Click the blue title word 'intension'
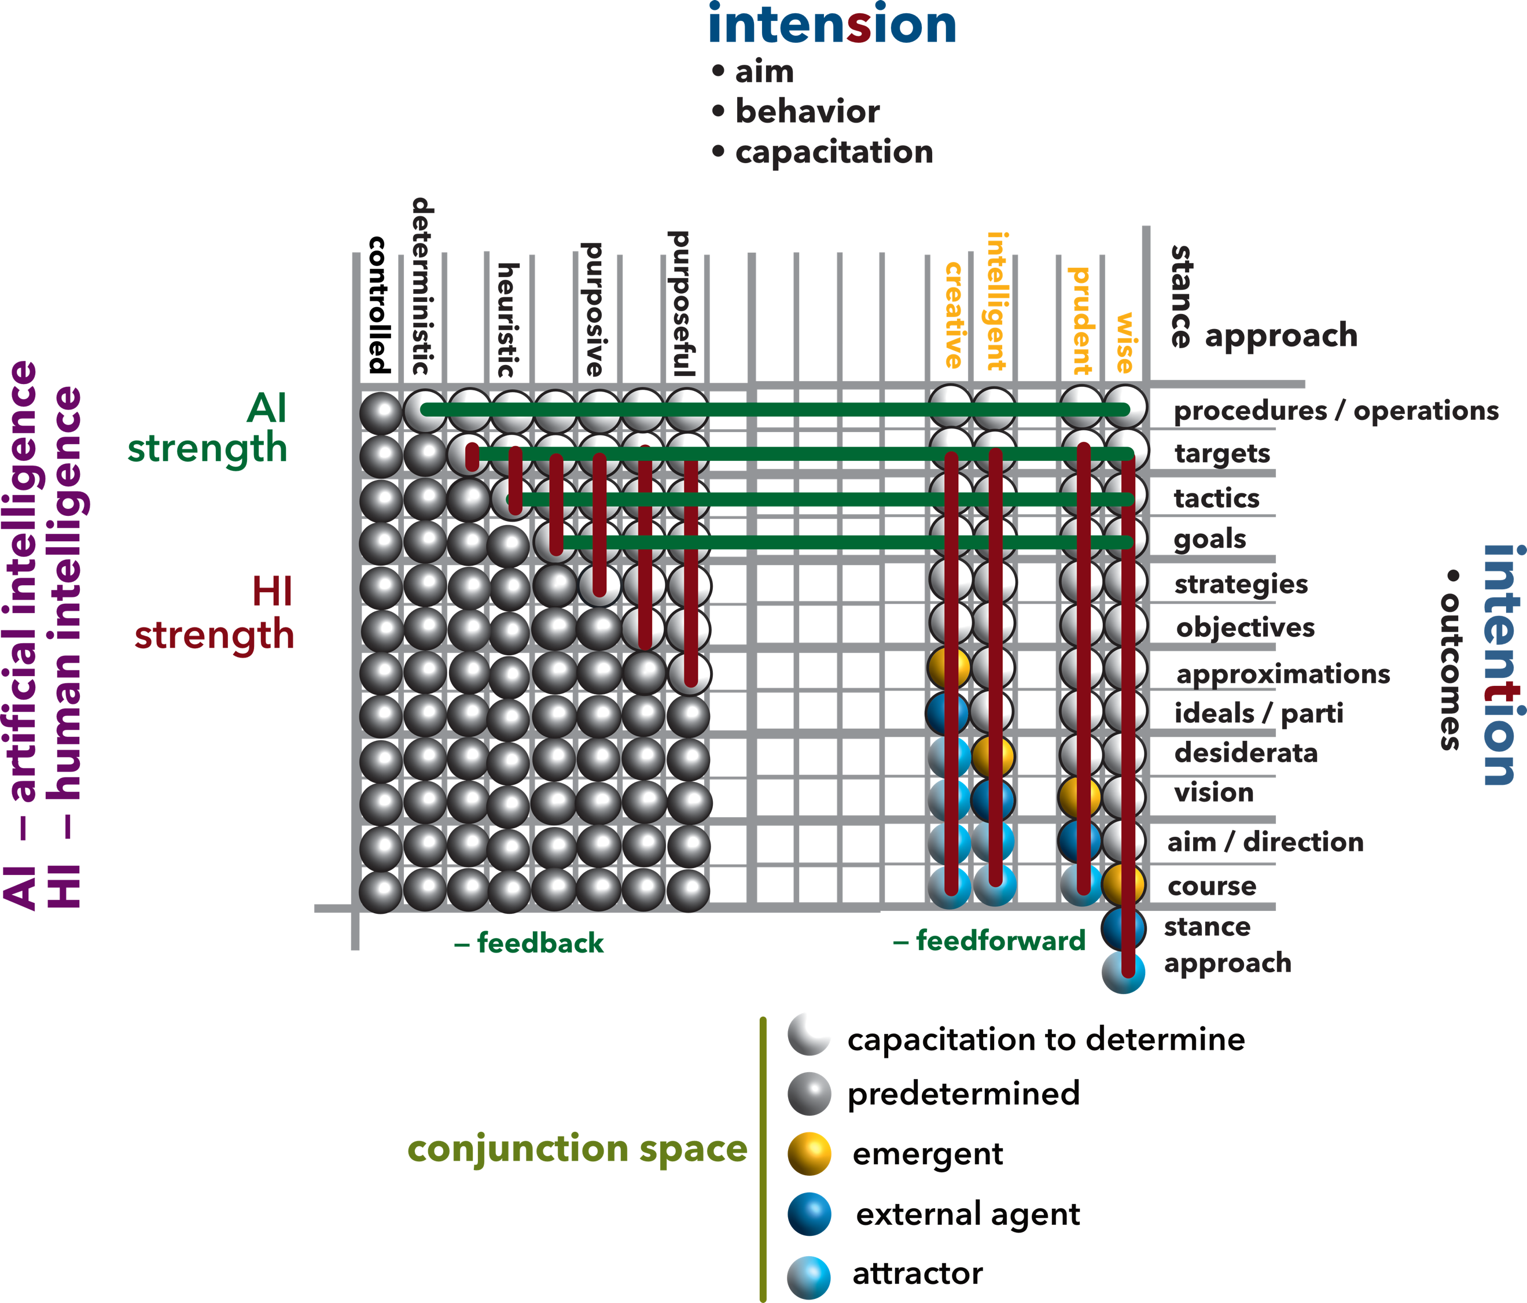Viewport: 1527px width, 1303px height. tap(831, 25)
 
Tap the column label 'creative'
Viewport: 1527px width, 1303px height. tap(954, 315)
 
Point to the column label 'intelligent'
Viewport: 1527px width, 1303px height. tap(996, 301)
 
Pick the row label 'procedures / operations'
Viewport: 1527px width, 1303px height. tap(1335, 411)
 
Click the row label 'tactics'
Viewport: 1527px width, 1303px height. tap(1216, 499)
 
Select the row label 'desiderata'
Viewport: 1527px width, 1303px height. tap(1245, 753)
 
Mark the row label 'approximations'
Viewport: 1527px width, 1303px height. tap(1282, 674)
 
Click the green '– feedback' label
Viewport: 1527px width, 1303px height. tap(529, 943)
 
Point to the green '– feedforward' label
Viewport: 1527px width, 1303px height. tap(989, 940)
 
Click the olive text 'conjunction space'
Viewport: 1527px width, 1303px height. tap(577, 1149)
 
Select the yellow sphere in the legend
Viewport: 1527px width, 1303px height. tap(809, 1154)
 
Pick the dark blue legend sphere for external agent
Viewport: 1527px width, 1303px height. tap(809, 1215)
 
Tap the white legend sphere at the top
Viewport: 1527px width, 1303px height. tap(809, 1033)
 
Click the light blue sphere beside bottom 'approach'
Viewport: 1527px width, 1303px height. tap(1123, 972)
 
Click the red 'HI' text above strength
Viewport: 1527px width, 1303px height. tap(272, 592)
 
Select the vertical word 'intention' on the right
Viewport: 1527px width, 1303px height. tap(1499, 665)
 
